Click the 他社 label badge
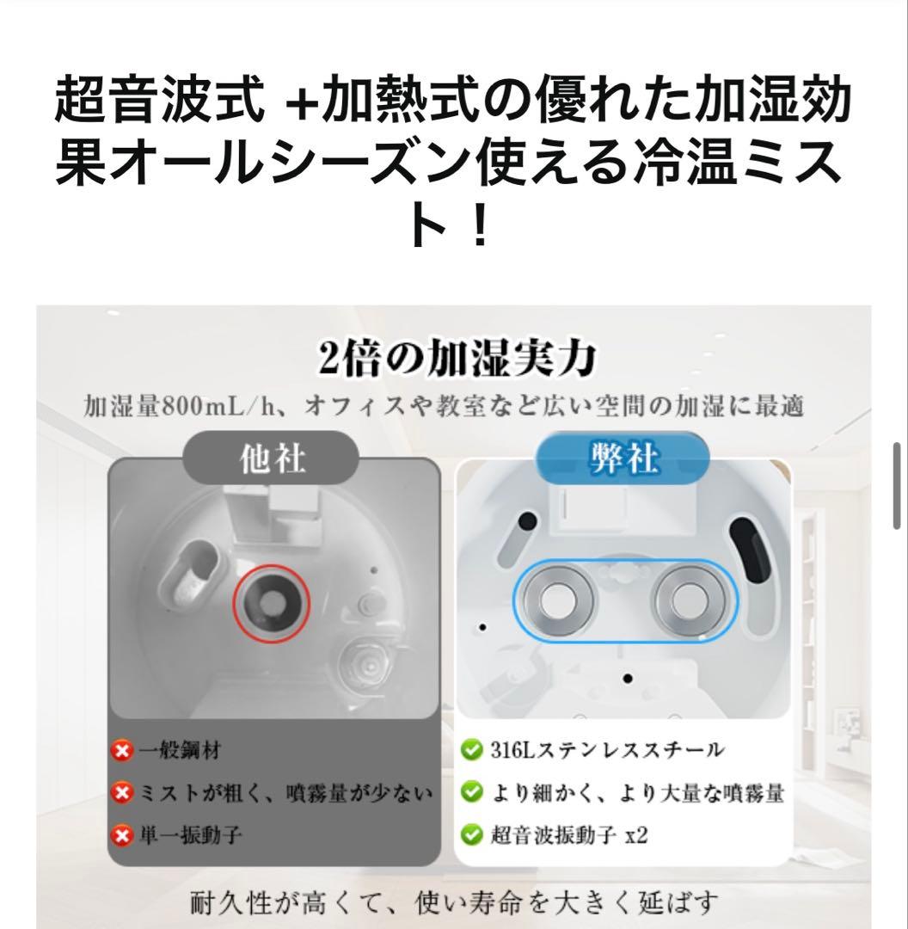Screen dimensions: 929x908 pos(271,459)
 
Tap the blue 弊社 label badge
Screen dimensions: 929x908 pos(623,459)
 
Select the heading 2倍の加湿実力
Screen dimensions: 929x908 pos(457,360)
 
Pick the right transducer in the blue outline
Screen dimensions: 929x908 pos(689,600)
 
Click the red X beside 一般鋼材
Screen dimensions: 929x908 pos(123,751)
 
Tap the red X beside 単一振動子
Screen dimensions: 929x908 pos(123,834)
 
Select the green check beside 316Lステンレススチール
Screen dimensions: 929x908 pos(470,750)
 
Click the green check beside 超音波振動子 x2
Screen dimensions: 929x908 pos(470,834)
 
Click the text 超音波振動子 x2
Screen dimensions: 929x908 pos(567,834)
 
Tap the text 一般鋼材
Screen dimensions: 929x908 pos(180,751)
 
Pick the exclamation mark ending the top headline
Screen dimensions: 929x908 pos(480,225)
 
